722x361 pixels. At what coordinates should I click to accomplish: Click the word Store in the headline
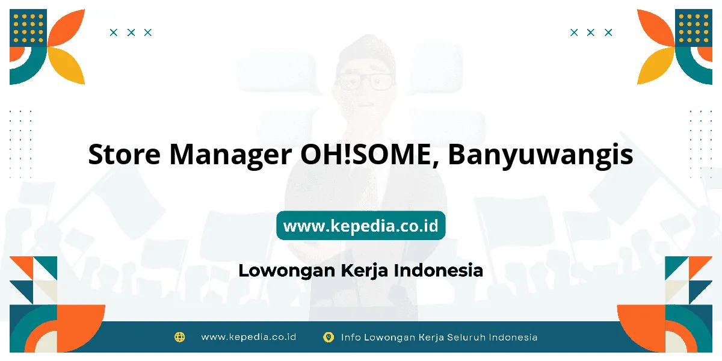(x=124, y=154)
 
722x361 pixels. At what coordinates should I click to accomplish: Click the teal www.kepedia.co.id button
(x=360, y=225)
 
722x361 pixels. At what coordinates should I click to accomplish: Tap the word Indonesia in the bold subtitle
(x=439, y=270)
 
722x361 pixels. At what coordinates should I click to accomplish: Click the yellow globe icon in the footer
(x=179, y=337)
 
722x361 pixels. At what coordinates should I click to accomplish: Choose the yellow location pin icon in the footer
(x=329, y=337)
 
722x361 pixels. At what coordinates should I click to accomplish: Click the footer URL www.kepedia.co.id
(x=248, y=337)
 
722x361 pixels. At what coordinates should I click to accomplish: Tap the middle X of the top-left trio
(x=131, y=32)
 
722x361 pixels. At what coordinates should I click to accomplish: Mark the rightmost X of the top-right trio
(x=608, y=32)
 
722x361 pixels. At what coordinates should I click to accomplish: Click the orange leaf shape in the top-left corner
(x=66, y=28)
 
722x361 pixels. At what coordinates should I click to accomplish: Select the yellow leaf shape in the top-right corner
(x=656, y=66)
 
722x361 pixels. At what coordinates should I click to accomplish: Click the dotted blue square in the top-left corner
(x=28, y=28)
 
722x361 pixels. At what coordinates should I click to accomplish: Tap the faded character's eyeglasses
(x=364, y=82)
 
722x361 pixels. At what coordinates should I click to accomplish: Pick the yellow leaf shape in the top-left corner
(x=66, y=66)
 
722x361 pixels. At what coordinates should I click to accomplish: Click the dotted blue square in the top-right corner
(x=694, y=28)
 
